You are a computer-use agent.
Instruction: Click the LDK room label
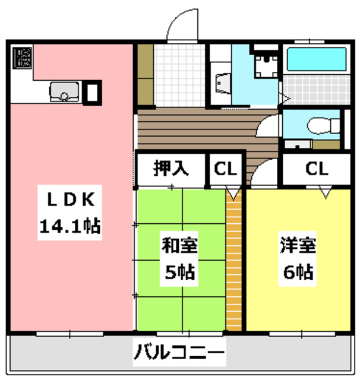[x=69, y=200]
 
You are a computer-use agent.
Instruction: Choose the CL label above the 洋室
[x=316, y=169]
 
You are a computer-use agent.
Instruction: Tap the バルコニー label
[x=179, y=356]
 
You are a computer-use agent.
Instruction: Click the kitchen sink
[x=65, y=92]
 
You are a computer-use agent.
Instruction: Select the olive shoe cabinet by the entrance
[x=146, y=74]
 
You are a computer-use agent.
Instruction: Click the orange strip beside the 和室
[x=234, y=261]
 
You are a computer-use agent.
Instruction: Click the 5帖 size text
[x=179, y=273]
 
